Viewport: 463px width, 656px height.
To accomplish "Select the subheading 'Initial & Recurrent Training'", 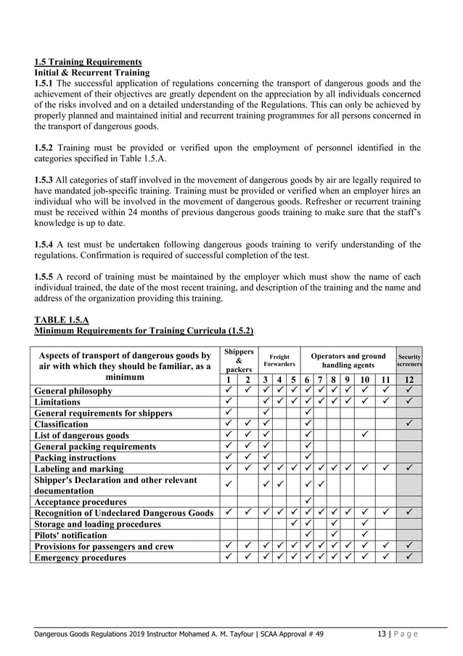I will click(x=91, y=73).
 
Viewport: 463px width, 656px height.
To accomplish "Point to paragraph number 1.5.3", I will click(x=46, y=179).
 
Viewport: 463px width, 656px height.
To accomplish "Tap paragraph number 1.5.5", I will click(x=46, y=277).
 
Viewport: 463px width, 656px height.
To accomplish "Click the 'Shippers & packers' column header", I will click(x=239, y=360).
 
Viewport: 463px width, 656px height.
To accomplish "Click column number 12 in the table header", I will click(x=409, y=379).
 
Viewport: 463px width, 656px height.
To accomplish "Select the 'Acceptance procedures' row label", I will click(x=81, y=501).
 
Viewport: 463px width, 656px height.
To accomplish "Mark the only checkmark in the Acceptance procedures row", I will click(x=308, y=501).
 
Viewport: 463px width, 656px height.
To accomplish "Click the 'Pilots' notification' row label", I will click(x=75, y=535).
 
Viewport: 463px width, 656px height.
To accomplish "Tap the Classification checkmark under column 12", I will click(x=409, y=424).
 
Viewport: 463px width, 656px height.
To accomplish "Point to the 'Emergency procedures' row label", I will click(x=80, y=557).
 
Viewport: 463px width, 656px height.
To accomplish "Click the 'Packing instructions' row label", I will click(x=75, y=458).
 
